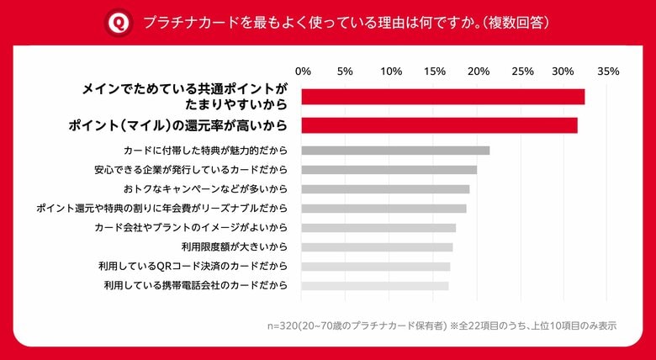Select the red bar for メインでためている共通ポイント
pos(442,97)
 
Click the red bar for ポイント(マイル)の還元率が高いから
pos(439,125)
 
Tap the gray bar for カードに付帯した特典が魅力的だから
pos(395,151)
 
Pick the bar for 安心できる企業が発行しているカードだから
pos(389,170)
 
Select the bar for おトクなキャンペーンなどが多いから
pos(385,189)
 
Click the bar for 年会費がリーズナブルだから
pos(384,209)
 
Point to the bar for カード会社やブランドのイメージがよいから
pos(378,228)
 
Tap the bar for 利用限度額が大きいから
pos(377,247)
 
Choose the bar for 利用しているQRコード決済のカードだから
pos(375,267)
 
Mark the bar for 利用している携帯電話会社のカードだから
pos(374,286)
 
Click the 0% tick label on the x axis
pos(304,71)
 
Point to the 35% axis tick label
pos(607,71)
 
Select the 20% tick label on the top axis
pos(479,71)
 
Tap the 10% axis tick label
pos(391,71)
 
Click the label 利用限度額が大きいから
pos(235,247)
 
